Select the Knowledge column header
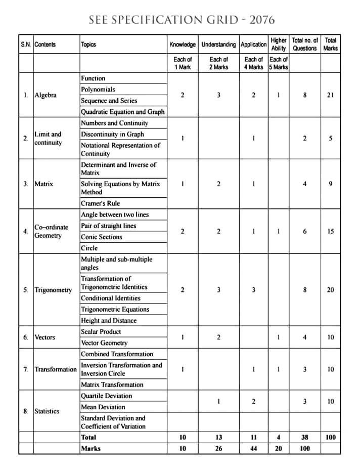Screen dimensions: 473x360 point(183,45)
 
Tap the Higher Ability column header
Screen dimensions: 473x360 point(278,45)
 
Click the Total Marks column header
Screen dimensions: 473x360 point(331,45)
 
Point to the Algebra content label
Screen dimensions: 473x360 point(46,95)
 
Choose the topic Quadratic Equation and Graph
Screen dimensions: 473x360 point(123,112)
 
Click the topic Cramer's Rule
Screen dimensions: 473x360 point(101,203)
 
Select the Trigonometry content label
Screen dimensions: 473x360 point(53,290)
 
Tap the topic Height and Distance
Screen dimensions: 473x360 point(109,321)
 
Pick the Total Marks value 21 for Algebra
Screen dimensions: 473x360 point(330,95)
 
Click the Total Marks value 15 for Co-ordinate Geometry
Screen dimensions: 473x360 point(330,231)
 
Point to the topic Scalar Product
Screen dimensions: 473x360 point(101,332)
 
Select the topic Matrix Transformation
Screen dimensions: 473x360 point(112,384)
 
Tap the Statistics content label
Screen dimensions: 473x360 point(47,411)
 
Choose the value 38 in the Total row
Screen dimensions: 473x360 point(304,437)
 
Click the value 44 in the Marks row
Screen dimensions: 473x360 point(253,448)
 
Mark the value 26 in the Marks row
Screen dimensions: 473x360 point(218,448)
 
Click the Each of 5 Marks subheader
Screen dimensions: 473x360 point(278,63)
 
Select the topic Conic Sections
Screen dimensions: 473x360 point(102,237)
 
